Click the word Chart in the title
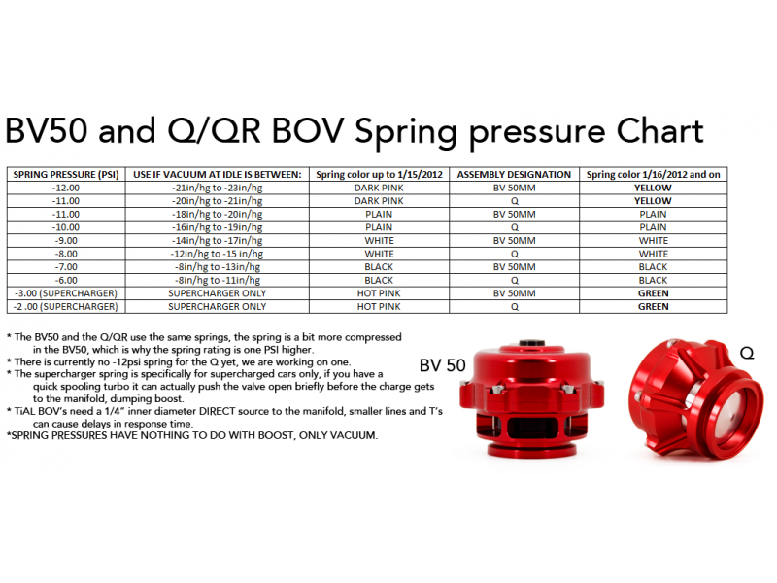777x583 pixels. point(659,131)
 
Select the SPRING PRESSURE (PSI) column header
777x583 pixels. point(66,175)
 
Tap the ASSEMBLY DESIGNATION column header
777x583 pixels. point(514,175)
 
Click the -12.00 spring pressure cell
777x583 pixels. point(66,188)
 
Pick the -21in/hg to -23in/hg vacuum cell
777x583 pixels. point(217,188)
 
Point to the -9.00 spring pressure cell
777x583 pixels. point(66,240)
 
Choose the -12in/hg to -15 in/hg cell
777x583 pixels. point(217,254)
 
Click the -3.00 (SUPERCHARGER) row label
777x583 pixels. point(66,293)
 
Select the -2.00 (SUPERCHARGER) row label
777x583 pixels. point(66,307)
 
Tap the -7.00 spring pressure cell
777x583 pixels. point(66,266)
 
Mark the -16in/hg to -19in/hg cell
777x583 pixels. point(217,227)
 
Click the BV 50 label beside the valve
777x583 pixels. point(443,365)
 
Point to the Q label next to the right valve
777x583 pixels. point(747,353)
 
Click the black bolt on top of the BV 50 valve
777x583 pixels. point(531,343)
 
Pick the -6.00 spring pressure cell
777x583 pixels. point(66,280)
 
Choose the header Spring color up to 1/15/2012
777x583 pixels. point(379,175)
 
